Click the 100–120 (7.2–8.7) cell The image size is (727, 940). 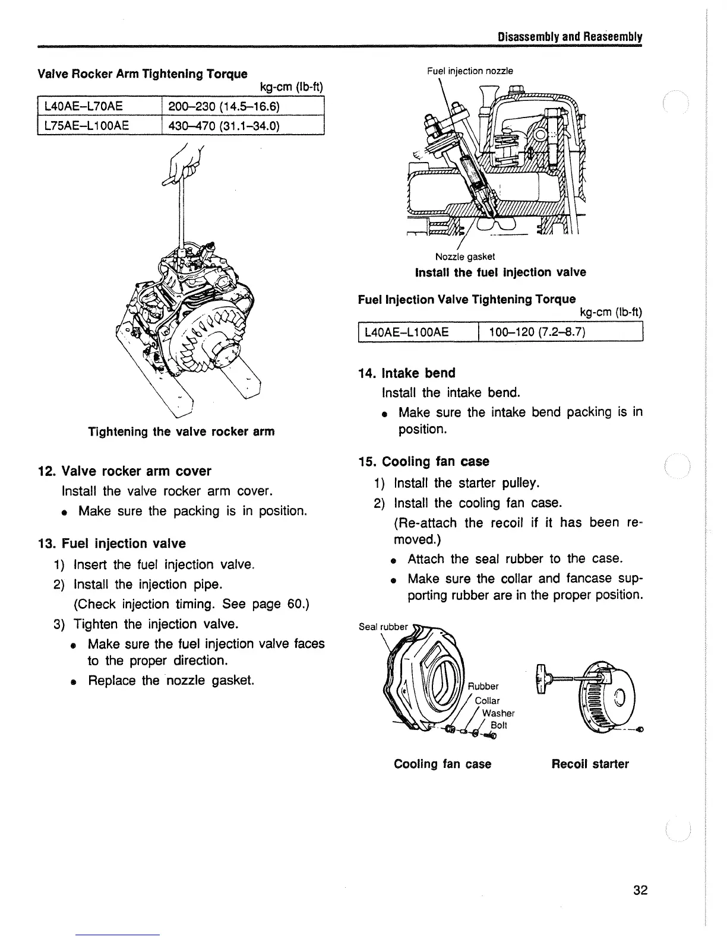coord(537,332)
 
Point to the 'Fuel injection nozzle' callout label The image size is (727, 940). coord(470,71)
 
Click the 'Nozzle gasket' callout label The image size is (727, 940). coord(464,257)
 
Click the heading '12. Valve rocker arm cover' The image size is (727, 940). coord(124,471)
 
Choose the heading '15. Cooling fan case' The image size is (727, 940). coord(424,462)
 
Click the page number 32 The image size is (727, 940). coord(640,890)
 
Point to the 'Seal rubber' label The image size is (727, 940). coord(384,627)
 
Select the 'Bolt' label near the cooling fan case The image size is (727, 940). coord(499,726)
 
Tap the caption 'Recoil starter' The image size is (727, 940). coord(590,764)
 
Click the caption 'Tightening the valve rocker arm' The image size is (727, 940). coord(181,431)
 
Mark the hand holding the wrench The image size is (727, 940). coord(189,163)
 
